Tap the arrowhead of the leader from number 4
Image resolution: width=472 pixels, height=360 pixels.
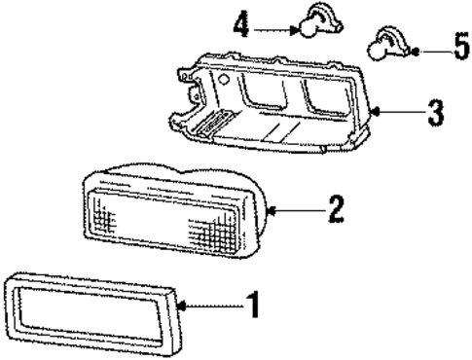click(294, 29)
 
